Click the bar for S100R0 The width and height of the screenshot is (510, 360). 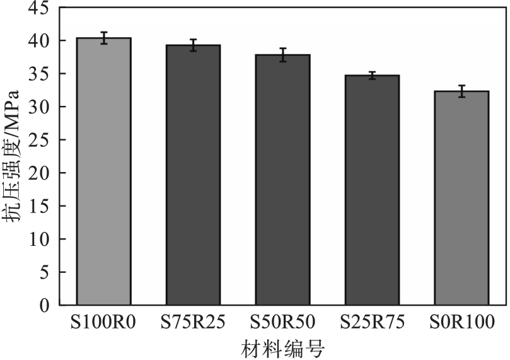click(103, 171)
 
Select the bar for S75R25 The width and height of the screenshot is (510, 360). click(193, 175)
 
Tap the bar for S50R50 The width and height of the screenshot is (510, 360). click(282, 180)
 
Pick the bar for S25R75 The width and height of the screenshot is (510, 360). click(372, 190)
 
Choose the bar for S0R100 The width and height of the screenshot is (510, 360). click(461, 198)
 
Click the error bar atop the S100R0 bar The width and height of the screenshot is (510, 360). click(103, 38)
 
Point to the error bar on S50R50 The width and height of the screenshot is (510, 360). click(282, 55)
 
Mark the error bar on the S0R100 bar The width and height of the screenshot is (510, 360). click(461, 91)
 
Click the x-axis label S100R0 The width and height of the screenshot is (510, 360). click(103, 323)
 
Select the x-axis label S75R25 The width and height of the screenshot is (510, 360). click(193, 323)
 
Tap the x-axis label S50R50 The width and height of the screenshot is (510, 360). click(282, 323)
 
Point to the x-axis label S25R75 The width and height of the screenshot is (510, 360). click(372, 323)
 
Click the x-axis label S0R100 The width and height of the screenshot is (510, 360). click(461, 323)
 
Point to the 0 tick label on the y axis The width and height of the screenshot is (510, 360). click(44, 305)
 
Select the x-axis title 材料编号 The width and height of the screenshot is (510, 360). click(282, 348)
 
